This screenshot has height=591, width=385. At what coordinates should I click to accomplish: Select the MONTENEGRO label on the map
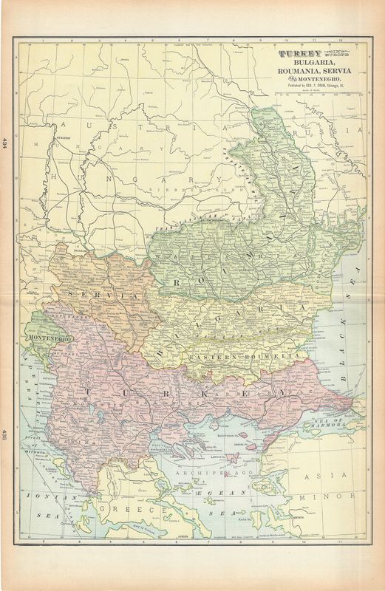click(x=50, y=338)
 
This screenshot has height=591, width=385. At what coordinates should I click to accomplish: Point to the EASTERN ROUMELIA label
click(x=244, y=357)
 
